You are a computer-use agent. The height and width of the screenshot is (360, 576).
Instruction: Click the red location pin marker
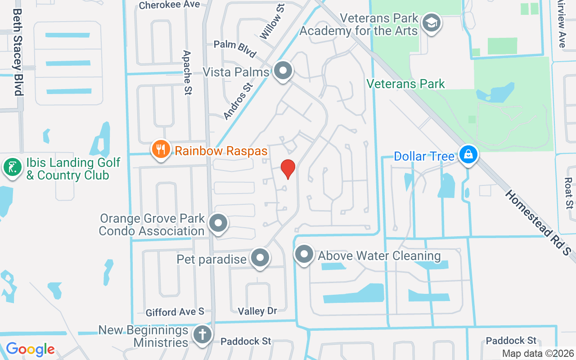288,169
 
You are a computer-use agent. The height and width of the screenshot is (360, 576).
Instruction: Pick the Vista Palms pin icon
283,71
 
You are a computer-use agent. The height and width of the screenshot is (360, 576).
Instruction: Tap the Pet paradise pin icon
260,258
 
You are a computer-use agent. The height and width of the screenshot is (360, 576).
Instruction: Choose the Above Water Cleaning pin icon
304,254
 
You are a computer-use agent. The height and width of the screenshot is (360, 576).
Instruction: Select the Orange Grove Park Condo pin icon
219,222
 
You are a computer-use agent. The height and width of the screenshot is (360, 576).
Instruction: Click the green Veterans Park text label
405,84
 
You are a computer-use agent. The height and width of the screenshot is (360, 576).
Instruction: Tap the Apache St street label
188,72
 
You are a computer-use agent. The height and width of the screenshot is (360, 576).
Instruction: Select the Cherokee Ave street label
169,5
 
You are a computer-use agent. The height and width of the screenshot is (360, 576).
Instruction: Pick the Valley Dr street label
257,310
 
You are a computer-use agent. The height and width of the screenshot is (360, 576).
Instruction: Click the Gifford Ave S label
175,312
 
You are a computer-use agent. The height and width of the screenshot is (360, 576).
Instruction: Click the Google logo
31,349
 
